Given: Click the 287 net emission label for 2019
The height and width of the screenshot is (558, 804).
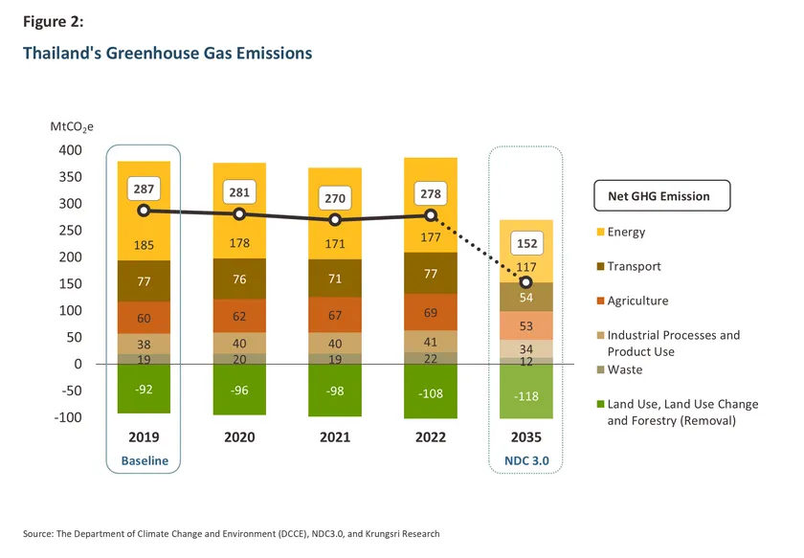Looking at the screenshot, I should (x=144, y=190).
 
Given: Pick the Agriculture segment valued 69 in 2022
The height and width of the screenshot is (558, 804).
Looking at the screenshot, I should (x=430, y=313).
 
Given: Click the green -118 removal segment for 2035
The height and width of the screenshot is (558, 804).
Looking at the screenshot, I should (x=525, y=396).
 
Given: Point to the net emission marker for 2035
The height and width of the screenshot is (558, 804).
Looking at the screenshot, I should (x=525, y=282).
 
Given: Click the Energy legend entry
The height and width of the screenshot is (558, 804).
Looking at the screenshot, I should (x=626, y=233).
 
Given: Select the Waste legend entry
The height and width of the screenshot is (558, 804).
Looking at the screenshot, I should (x=624, y=370).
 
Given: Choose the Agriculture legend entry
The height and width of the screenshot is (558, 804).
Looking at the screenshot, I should (x=636, y=301).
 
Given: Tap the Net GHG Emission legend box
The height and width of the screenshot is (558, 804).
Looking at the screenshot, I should (x=659, y=196).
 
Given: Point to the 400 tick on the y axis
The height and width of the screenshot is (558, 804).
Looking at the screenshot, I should (x=71, y=150).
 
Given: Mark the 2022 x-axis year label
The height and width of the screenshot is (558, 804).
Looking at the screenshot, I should (x=430, y=437).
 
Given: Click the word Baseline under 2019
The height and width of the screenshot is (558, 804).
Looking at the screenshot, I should (x=144, y=461).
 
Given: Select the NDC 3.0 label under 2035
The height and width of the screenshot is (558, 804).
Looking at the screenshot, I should (x=525, y=461).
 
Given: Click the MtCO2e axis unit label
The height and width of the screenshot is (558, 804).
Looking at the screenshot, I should (x=72, y=127).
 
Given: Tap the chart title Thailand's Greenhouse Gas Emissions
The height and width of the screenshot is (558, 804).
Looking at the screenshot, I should (x=167, y=54).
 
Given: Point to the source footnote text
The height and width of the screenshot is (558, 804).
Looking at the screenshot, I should (x=232, y=533).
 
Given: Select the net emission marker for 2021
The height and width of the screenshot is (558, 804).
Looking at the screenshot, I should (x=334, y=220).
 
